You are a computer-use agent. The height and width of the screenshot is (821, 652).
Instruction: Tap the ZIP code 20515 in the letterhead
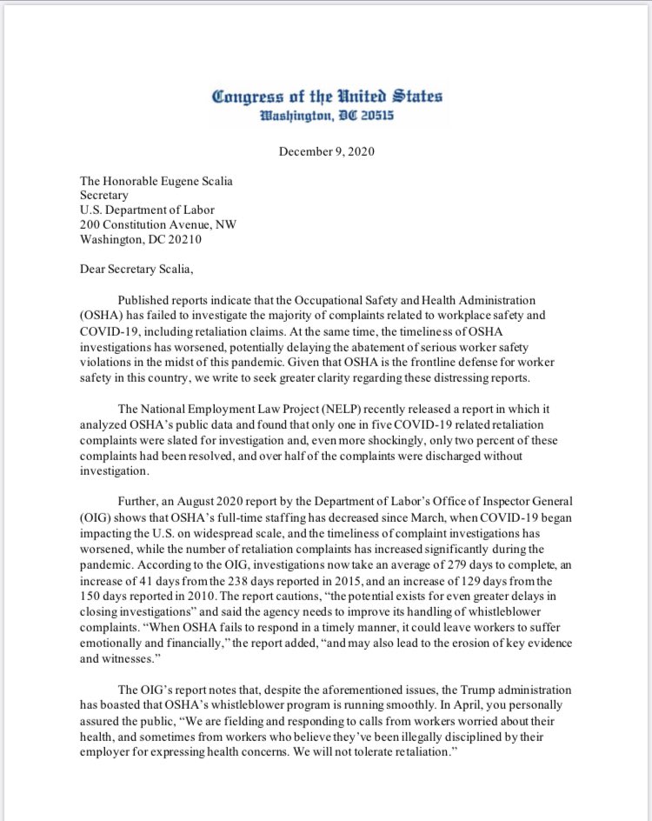coord(376,113)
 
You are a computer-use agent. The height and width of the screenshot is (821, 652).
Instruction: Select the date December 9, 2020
coord(325,150)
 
